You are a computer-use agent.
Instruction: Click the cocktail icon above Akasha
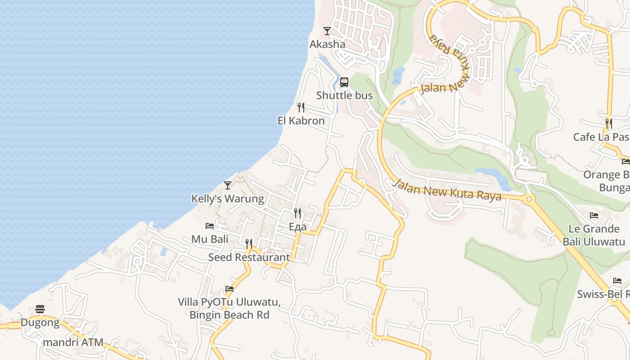click(x=327, y=31)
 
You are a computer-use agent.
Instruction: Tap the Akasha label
click(x=327, y=44)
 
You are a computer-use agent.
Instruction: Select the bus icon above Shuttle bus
click(x=344, y=82)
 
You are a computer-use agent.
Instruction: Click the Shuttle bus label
click(x=344, y=95)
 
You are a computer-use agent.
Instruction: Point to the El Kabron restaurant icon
click(x=301, y=108)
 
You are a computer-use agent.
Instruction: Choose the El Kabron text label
click(x=301, y=121)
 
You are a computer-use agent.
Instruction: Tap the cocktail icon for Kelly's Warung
click(x=228, y=185)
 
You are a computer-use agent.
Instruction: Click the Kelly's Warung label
click(x=228, y=198)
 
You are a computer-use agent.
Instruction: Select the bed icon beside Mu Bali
click(x=210, y=226)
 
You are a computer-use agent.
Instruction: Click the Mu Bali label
click(x=210, y=239)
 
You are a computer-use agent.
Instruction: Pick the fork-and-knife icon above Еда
click(x=297, y=213)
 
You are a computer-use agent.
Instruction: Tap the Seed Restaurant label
click(x=249, y=257)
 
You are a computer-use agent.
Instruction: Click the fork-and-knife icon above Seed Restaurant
click(x=249, y=244)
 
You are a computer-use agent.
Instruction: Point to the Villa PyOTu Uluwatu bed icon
click(x=229, y=289)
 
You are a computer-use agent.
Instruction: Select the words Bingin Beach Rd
click(x=229, y=315)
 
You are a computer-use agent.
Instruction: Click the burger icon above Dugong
click(x=40, y=309)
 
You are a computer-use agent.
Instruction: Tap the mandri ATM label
click(x=73, y=342)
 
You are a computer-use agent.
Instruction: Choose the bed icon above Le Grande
click(x=594, y=216)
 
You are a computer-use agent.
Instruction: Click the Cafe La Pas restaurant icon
click(x=608, y=123)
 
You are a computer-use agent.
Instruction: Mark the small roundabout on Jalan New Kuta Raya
click(x=529, y=198)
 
